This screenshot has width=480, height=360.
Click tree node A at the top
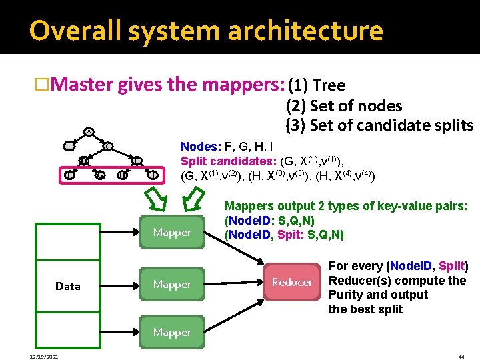point(89,131)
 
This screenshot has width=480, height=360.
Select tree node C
point(107,146)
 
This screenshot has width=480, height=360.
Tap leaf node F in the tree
point(69,175)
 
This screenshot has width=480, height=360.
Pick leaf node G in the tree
point(99,175)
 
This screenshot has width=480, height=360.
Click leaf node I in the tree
point(154,175)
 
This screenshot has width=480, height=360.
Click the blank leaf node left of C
point(69,146)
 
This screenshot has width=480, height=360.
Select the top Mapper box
point(172,232)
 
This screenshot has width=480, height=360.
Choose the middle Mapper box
point(172,284)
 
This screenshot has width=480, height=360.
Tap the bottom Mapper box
point(172,332)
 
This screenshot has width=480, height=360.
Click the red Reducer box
point(291,282)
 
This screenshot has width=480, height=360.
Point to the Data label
point(68,286)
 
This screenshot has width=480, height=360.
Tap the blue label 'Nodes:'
point(199,146)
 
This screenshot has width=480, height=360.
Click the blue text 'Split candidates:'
point(224,161)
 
